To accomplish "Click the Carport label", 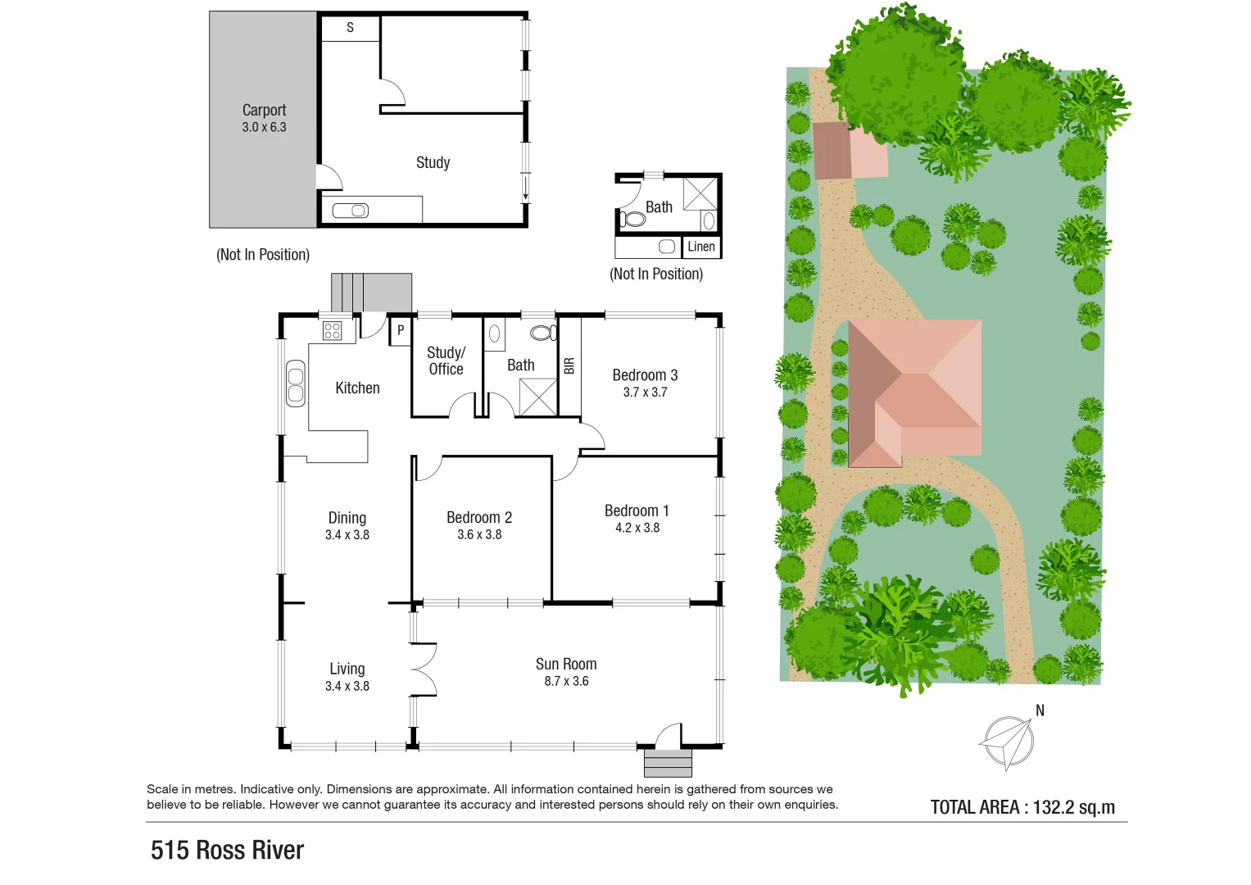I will pos(264,110).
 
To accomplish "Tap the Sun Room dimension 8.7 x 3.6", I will pos(566,681).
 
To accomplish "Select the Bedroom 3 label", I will pos(645,375).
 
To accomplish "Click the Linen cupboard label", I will pos(700,247).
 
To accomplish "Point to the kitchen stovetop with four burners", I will pos(332,330).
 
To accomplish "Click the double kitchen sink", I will pos(295,384).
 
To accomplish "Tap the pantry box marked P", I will pos(401,330).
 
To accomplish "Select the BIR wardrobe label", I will pos(569,365).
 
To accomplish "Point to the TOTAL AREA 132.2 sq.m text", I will pos(1022,807).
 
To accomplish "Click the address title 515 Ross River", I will pos(227,850).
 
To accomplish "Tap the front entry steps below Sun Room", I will pos(668,763).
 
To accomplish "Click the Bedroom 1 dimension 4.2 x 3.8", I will pos(637,528).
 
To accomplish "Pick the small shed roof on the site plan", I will pos(850,151).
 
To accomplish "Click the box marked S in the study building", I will pos(350,28).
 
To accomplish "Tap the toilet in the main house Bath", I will pos(542,333).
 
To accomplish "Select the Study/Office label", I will pos(446,361).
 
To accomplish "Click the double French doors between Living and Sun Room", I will pos(423,669).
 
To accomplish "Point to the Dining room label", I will pos(347,518).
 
